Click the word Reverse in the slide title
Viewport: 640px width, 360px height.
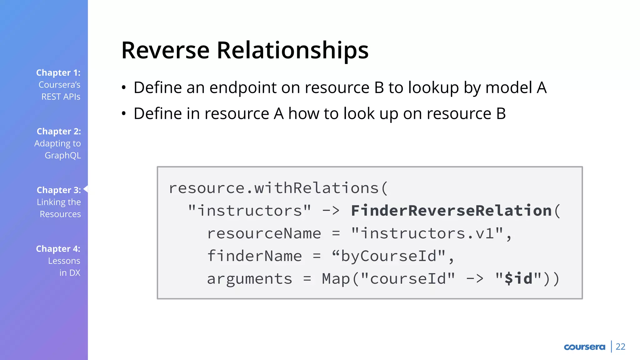point(165,50)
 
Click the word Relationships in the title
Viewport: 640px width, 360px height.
point(292,50)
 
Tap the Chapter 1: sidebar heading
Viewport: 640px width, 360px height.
point(58,73)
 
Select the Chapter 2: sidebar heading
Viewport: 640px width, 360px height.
point(59,132)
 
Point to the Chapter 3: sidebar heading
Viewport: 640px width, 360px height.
point(59,190)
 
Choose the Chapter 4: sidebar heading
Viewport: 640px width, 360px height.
point(58,249)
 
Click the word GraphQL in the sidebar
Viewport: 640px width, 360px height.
point(63,155)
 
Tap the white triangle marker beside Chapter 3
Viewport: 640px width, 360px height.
point(86,189)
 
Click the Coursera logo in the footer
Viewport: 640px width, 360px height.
point(584,347)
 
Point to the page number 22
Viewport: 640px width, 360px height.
point(620,347)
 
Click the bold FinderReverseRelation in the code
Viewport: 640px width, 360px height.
point(451,211)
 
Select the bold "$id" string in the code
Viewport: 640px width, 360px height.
point(518,278)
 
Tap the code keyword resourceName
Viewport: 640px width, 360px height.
point(264,233)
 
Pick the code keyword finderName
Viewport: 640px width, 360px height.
point(254,256)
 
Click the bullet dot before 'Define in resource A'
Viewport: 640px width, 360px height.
point(124,114)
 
